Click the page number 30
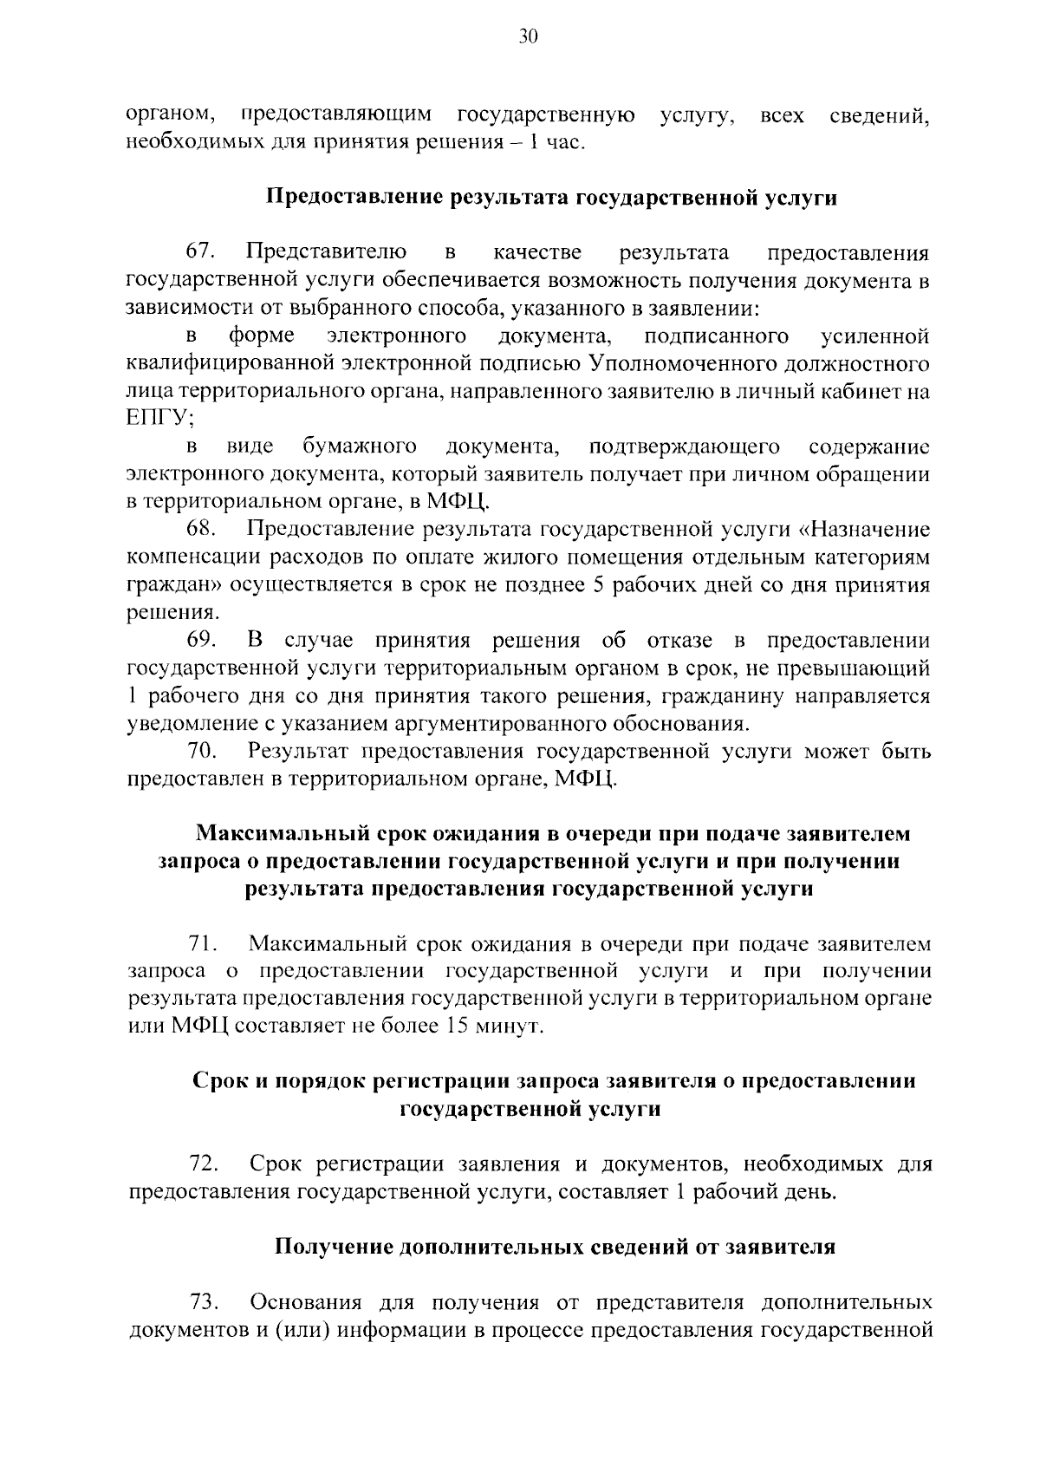click(x=528, y=36)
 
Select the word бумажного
click(x=359, y=446)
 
